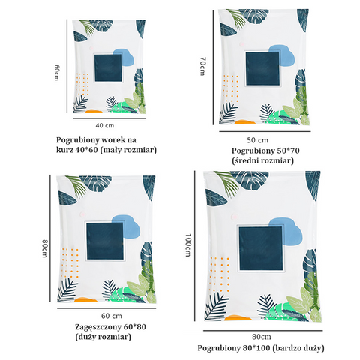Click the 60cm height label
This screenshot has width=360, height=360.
point(57,73)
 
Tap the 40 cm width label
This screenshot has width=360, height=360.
point(105,125)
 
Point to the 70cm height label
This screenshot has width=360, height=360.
point(202,66)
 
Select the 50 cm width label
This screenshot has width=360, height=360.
point(258,140)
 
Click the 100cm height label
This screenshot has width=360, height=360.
point(188,245)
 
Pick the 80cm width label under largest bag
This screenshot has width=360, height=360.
point(262,337)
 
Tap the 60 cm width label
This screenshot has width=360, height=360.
point(112,316)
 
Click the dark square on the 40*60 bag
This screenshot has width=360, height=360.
point(108,68)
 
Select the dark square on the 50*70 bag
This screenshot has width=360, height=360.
point(262,68)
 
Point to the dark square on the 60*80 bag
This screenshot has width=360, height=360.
point(105,241)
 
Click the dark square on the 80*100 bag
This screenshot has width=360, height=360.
point(261,248)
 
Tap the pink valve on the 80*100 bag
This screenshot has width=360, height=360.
point(235,217)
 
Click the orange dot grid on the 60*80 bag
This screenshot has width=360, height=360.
point(70,263)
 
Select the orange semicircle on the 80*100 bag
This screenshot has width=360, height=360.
point(238,318)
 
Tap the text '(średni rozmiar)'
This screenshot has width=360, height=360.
point(262,160)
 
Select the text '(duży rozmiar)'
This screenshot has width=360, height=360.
point(103,337)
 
